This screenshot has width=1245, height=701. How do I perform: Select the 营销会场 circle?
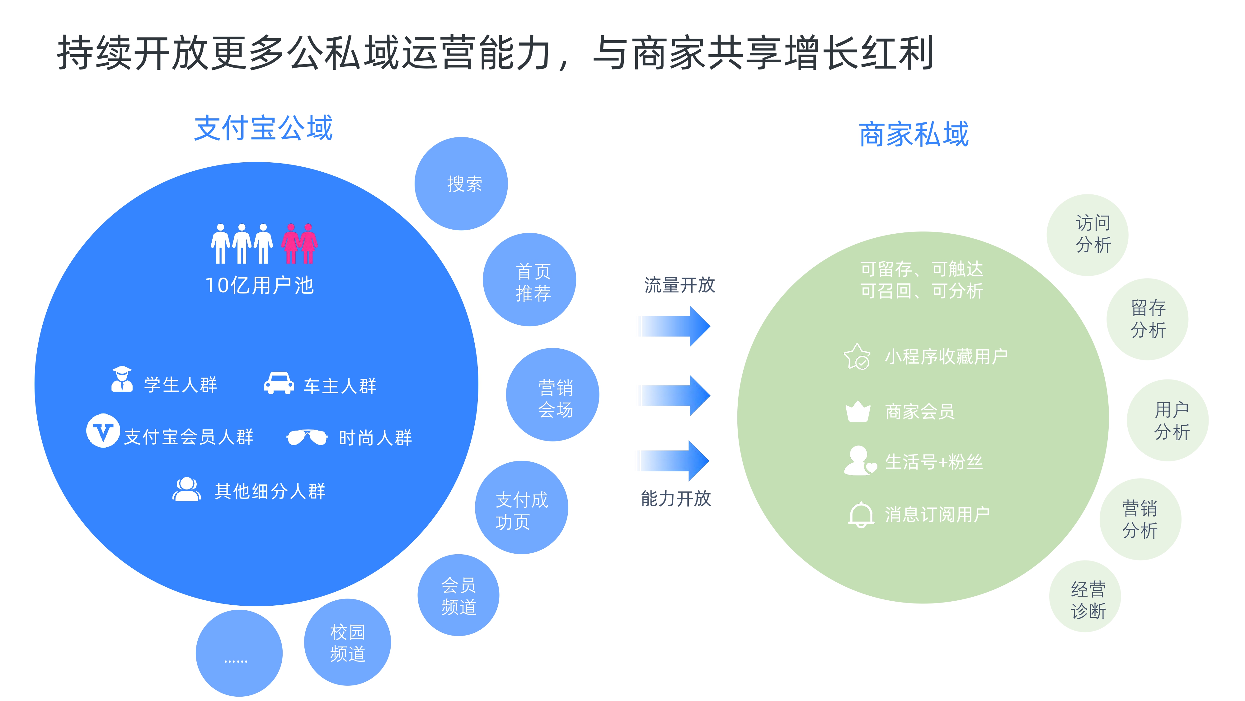(x=552, y=395)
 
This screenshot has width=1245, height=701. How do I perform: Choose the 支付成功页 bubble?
(x=521, y=508)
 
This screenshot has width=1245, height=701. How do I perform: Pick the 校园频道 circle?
(x=347, y=642)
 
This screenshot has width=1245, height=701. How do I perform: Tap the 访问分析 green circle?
(x=1088, y=235)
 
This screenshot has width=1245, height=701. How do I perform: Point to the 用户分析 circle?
(x=1168, y=420)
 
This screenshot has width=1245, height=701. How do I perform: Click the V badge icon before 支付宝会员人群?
(x=103, y=431)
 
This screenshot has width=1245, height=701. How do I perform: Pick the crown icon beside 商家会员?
(x=858, y=411)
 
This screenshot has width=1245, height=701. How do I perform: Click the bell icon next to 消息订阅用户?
(x=861, y=515)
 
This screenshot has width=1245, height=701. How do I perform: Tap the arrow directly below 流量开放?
(x=674, y=326)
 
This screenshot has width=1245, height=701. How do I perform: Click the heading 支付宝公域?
(x=263, y=128)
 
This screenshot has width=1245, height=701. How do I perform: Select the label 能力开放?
(x=676, y=498)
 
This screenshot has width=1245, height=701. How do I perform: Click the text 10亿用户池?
(x=260, y=285)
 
